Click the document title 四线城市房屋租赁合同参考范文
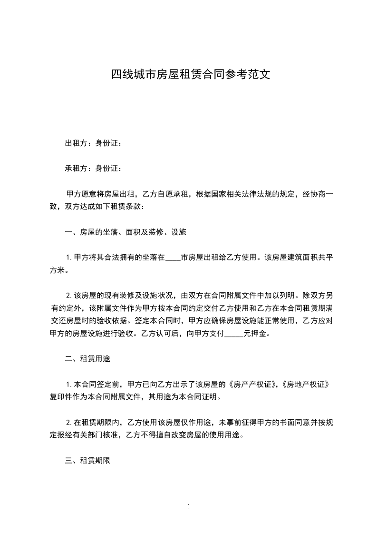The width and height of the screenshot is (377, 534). tap(190, 74)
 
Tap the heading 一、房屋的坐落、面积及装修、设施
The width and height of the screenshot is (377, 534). tap(126, 232)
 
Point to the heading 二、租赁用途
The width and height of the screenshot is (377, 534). tap(87, 359)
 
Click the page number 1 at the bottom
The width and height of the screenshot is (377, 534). tap(189, 507)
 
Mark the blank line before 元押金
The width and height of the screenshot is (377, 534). tap(233, 334)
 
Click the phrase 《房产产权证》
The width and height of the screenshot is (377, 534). tap(252, 384)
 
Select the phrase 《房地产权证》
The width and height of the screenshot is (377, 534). tap(305, 384)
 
